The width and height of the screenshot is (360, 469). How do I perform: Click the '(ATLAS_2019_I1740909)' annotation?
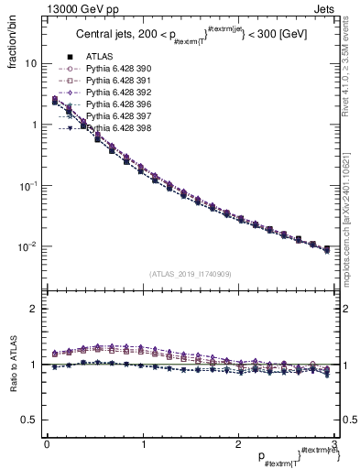pos(191,274)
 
